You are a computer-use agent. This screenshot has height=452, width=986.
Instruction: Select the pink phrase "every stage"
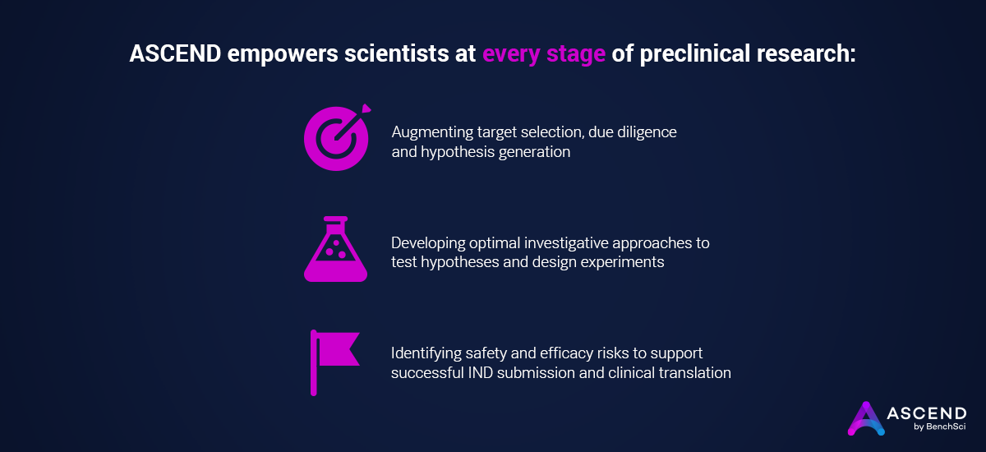click(x=544, y=55)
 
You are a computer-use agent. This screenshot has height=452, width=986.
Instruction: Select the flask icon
click(x=335, y=250)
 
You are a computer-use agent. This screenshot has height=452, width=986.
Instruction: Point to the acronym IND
click(x=514, y=373)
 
